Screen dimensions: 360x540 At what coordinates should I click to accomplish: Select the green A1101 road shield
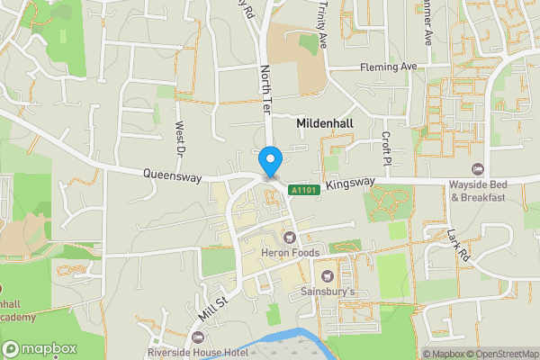302,190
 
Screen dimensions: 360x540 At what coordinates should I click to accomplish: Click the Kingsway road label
350,183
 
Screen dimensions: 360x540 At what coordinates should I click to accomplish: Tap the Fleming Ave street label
389,67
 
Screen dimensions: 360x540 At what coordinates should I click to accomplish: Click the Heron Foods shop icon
289,238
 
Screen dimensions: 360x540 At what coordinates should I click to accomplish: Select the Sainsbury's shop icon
328,276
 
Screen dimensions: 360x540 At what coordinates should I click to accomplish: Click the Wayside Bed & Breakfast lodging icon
478,169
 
